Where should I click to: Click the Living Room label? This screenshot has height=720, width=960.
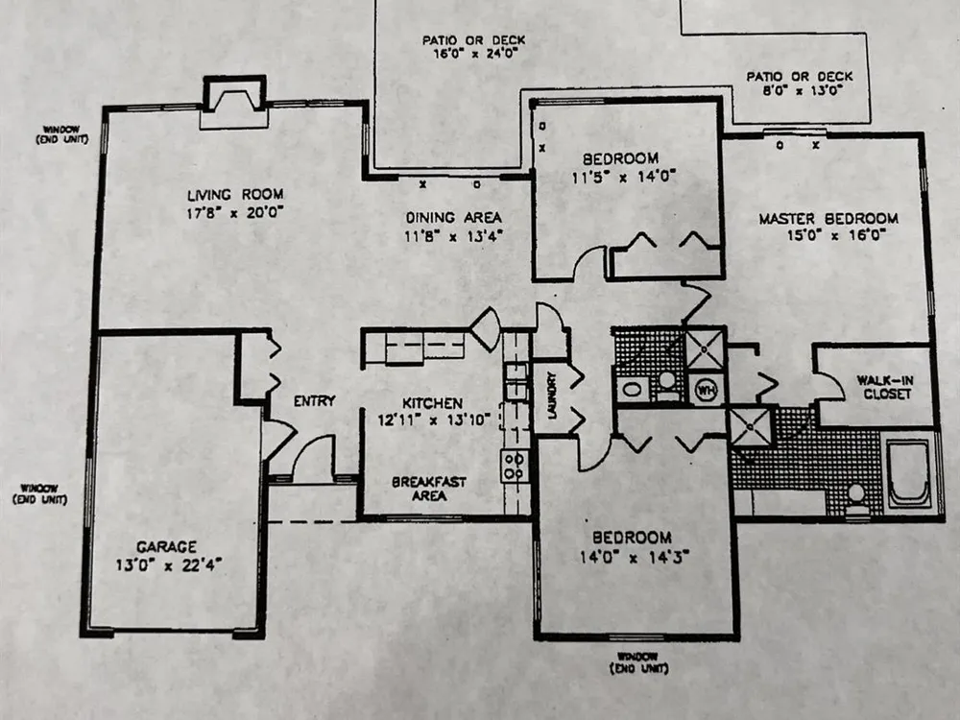[235, 195]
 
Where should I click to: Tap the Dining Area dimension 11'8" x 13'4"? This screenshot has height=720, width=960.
[454, 236]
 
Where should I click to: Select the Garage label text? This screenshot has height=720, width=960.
[166, 547]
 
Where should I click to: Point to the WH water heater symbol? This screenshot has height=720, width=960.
[707, 390]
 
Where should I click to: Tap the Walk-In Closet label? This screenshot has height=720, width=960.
[885, 387]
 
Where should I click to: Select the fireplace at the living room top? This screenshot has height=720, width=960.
[234, 102]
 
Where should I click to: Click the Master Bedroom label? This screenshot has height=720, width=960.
[828, 219]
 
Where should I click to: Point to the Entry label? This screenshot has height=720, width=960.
[314, 401]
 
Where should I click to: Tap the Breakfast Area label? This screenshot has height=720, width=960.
[429, 489]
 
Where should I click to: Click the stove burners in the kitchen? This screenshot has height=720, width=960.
[515, 466]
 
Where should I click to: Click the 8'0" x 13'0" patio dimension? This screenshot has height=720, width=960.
[801, 90]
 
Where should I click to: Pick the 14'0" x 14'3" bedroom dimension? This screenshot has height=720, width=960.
[635, 557]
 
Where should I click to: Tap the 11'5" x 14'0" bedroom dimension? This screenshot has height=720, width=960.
[623, 178]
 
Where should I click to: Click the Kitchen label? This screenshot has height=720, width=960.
[432, 403]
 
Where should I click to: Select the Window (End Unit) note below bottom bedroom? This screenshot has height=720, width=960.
[638, 663]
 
